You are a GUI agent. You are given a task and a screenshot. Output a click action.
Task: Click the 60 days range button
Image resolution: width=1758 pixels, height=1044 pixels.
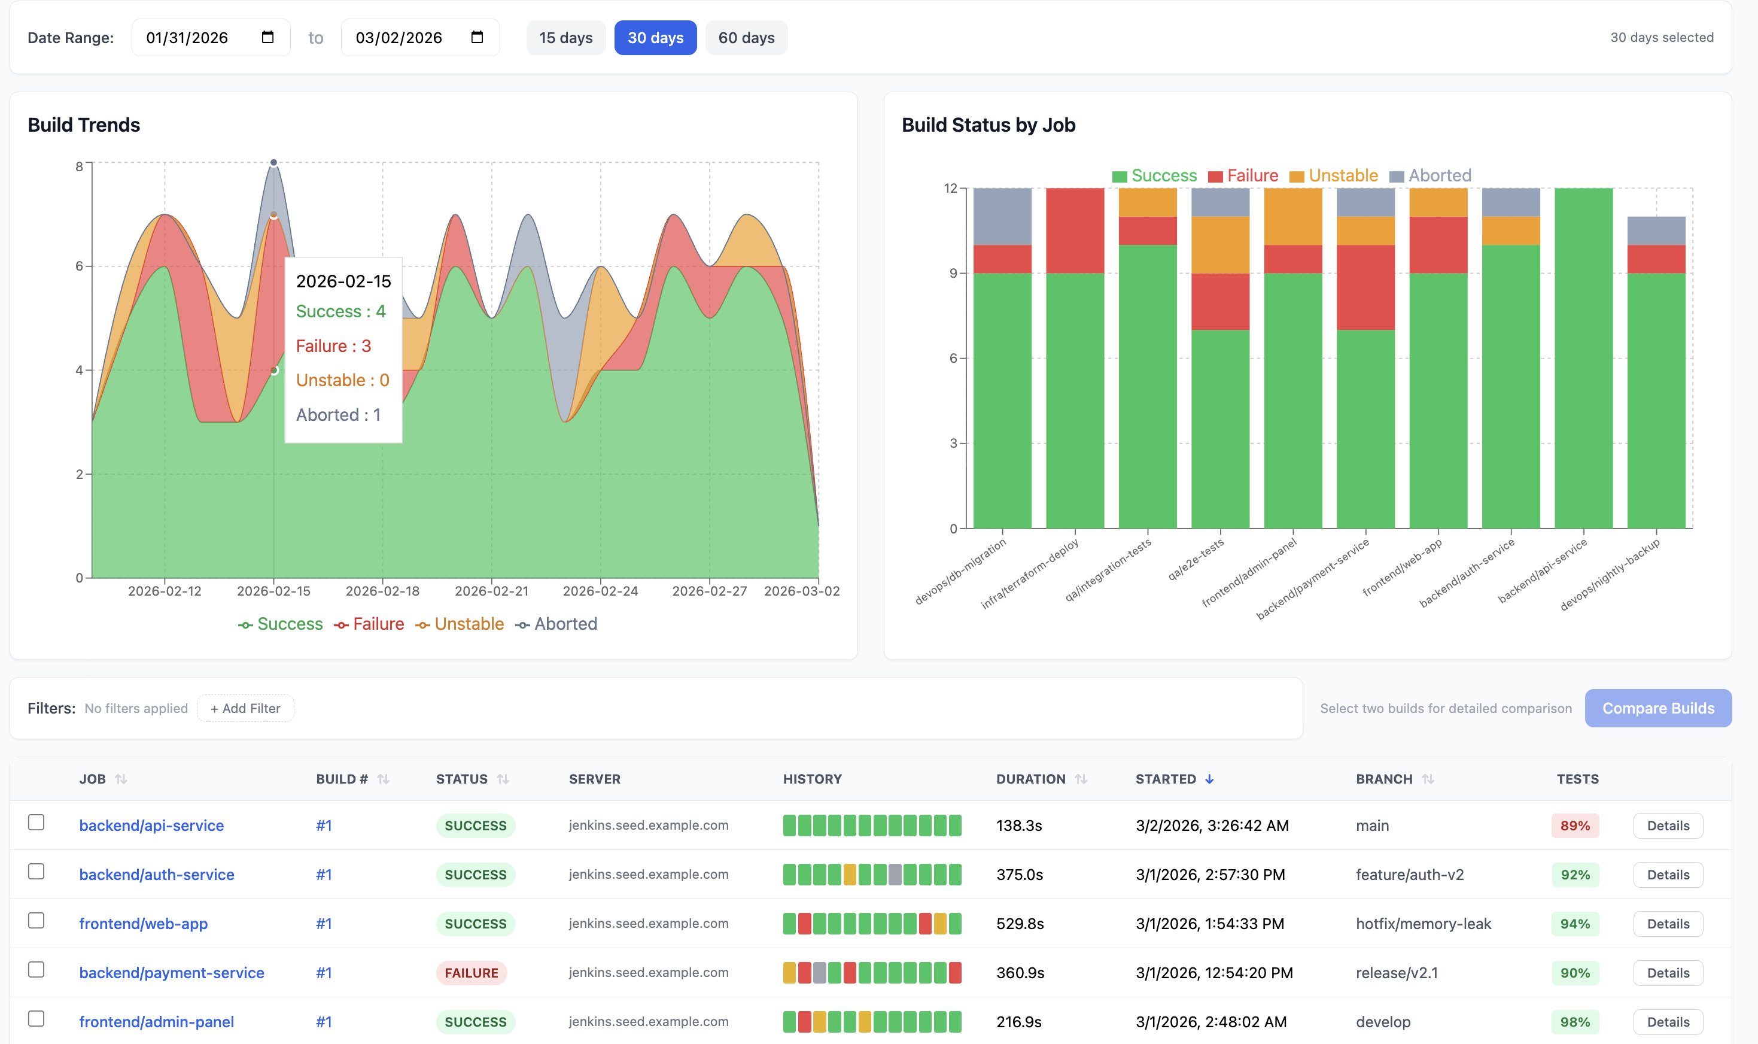[x=746, y=38]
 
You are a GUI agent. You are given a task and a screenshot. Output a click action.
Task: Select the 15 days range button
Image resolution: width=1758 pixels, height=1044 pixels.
[x=565, y=38]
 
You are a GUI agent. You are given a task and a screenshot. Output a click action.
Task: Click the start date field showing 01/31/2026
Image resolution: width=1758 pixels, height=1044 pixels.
[x=197, y=38]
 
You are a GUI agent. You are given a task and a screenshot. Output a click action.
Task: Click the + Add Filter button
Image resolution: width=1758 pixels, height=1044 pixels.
[x=245, y=708]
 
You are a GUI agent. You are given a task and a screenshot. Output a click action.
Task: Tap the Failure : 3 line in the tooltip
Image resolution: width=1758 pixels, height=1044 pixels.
[x=333, y=346]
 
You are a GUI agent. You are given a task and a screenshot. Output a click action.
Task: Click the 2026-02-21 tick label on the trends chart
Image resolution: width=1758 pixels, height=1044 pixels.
[x=491, y=591]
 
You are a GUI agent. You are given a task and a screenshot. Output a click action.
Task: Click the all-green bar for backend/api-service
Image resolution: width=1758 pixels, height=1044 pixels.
[x=1583, y=359]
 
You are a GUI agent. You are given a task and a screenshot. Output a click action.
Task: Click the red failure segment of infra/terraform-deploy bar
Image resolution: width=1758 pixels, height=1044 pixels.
[x=1075, y=230]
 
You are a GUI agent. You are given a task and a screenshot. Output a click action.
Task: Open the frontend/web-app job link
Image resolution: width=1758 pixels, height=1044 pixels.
[x=144, y=924]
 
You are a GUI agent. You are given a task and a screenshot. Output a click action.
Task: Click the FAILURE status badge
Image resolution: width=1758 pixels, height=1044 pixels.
[x=471, y=973]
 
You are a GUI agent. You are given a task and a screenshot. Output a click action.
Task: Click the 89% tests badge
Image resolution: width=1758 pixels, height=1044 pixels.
[x=1574, y=826]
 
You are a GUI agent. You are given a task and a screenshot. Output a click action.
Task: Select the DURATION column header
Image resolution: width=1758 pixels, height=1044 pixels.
[x=1030, y=779]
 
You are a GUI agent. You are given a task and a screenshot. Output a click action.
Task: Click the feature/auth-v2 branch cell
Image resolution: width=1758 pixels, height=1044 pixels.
[x=1409, y=875]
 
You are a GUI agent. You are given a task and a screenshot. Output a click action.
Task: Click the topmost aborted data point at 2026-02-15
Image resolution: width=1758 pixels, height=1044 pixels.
[x=273, y=162]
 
